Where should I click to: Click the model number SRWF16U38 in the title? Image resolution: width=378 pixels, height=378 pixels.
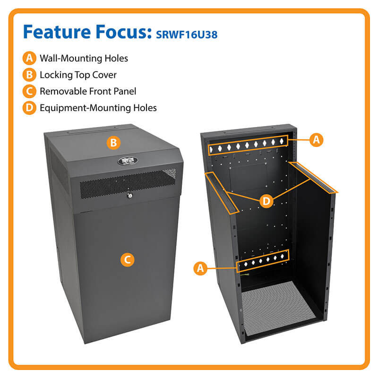click(x=187, y=34)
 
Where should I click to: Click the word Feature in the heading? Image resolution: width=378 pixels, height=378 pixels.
click(x=57, y=32)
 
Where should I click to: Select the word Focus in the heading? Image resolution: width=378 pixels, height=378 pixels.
click(x=124, y=32)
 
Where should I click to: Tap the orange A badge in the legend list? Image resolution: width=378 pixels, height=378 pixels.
click(x=29, y=58)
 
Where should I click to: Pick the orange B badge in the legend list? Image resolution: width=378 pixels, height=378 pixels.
click(x=29, y=75)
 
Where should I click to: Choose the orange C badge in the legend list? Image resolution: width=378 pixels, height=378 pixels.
click(x=29, y=91)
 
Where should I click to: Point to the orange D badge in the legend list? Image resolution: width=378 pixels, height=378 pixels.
click(x=29, y=108)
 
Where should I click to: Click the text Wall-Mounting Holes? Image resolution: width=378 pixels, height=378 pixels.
click(x=84, y=58)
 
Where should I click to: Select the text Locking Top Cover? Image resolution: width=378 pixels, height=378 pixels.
click(x=78, y=75)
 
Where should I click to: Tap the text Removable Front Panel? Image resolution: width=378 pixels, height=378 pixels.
click(x=88, y=91)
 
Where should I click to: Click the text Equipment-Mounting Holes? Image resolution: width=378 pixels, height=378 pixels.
click(x=98, y=108)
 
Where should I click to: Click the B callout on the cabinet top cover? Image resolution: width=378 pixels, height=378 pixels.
click(x=113, y=143)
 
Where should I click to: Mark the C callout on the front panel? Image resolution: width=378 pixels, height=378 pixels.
click(x=127, y=259)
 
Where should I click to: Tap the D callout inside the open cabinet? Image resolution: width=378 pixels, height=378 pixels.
click(x=266, y=201)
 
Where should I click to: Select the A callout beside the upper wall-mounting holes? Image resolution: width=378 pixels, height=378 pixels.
click(x=316, y=140)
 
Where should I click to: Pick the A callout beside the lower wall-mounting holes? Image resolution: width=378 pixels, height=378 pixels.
click(x=200, y=268)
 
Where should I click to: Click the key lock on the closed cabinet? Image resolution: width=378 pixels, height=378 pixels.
click(x=130, y=196)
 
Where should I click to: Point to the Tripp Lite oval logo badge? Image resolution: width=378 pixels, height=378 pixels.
click(x=128, y=161)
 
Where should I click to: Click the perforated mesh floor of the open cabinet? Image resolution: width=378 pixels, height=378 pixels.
click(x=278, y=308)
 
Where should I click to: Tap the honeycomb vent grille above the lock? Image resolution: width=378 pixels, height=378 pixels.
click(x=128, y=183)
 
